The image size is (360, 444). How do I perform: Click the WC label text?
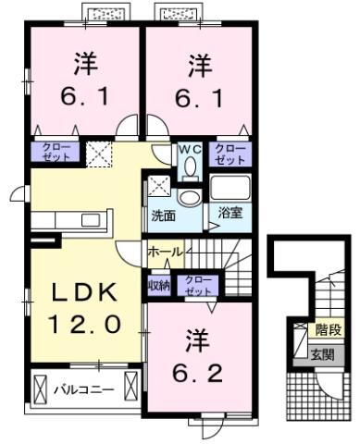click(x=189, y=148)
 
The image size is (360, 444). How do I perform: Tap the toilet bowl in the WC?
click(x=190, y=166)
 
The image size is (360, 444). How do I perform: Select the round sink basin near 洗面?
click(x=190, y=197)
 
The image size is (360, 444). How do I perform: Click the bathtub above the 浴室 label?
click(x=230, y=187)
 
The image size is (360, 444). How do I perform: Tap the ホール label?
click(x=166, y=252)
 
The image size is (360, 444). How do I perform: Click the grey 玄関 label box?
click(x=324, y=352)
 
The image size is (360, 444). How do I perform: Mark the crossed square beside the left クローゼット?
click(x=99, y=152)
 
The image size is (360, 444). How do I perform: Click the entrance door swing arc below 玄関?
click(x=324, y=384)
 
